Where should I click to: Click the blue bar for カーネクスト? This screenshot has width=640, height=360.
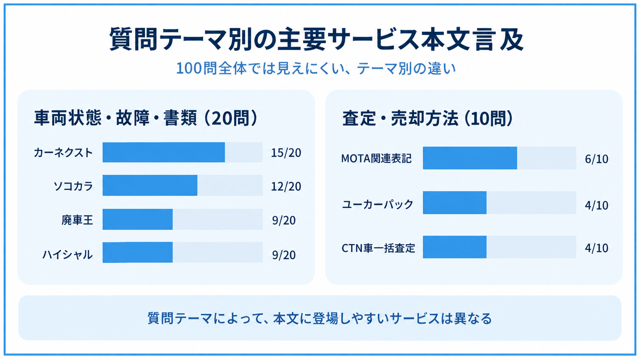tap(164, 152)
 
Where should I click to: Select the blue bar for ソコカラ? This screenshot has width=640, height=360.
tap(150, 185)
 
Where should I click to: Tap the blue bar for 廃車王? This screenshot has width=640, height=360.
tap(137, 219)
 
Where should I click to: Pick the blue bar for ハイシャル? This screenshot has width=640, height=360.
tap(137, 252)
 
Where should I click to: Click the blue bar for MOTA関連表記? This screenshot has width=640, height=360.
tap(470, 158)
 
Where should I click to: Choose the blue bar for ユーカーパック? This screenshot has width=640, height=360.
tap(455, 203)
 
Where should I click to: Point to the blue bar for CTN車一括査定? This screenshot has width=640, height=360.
tap(455, 247)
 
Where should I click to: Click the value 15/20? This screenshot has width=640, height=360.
tap(286, 153)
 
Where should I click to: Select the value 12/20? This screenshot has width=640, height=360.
tap(286, 186)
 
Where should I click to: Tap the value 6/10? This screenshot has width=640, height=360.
tap(597, 159)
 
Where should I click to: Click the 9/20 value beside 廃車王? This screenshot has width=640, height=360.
tap(284, 220)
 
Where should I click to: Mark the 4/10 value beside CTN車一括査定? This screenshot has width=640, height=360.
tap(597, 248)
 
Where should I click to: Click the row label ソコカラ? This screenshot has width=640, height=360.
tap(73, 186)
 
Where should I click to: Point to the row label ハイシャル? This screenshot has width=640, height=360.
tap(68, 254)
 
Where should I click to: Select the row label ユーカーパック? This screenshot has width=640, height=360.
tap(378, 204)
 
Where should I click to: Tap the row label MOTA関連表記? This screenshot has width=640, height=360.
tap(376, 158)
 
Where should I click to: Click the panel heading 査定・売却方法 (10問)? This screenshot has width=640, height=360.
tap(428, 118)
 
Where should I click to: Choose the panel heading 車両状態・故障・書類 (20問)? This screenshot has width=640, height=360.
tap(146, 117)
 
